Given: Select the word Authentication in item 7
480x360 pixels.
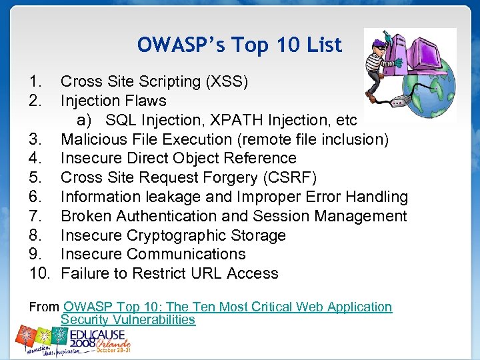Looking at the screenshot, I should click(x=161, y=217).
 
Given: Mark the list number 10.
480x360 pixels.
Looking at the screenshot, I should click(x=40, y=274).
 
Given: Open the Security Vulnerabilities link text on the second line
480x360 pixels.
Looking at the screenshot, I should click(x=128, y=320).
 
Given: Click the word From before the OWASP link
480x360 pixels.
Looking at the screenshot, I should click(x=44, y=307).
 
